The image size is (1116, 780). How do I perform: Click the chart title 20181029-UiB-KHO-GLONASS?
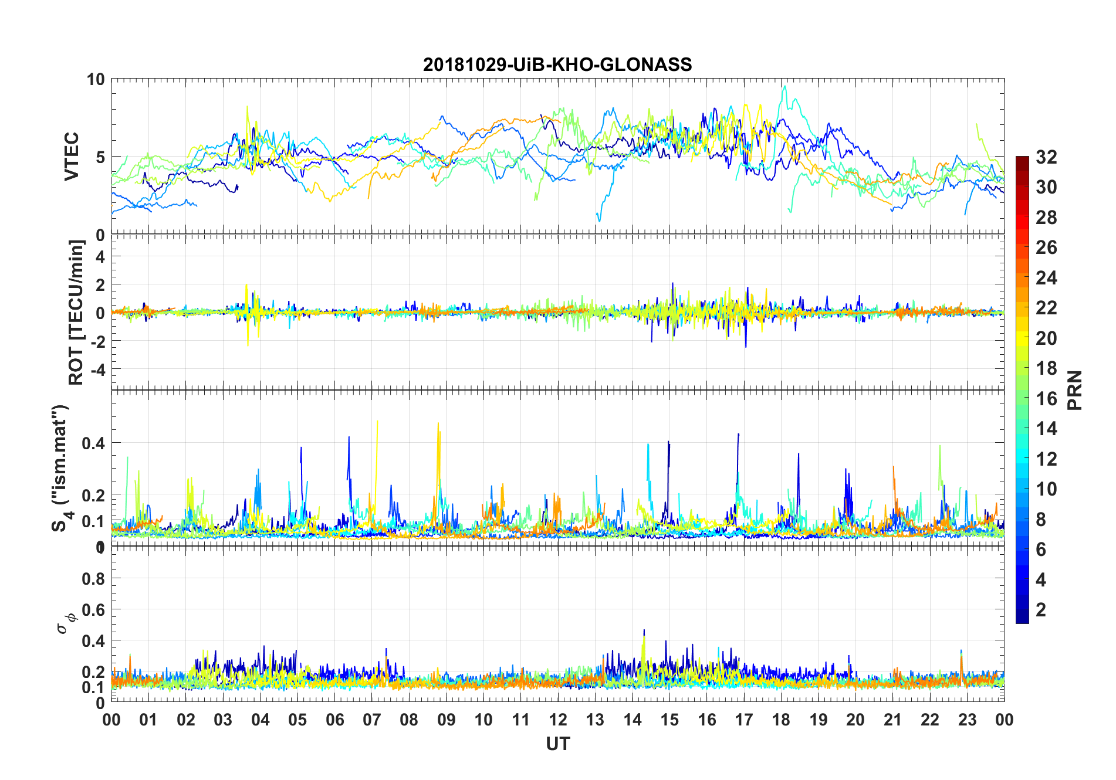pyautogui.click(x=557, y=64)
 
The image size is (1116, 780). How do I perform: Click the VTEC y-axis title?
pyautogui.click(x=72, y=157)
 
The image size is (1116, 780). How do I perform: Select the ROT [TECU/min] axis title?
pyautogui.click(x=76, y=312)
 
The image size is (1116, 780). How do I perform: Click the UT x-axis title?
pyautogui.click(x=557, y=744)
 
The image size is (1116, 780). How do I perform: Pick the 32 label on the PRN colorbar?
pyautogui.click(x=1046, y=157)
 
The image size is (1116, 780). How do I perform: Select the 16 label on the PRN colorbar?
pyautogui.click(x=1046, y=399)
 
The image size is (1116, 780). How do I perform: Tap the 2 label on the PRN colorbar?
pyautogui.click(x=1041, y=610)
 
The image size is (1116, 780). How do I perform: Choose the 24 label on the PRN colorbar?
pyautogui.click(x=1046, y=278)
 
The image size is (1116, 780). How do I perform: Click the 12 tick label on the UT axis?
pyautogui.click(x=558, y=720)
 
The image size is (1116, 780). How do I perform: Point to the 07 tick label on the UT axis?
pyautogui.click(x=372, y=720)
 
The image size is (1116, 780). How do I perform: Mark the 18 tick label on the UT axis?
pyautogui.click(x=781, y=720)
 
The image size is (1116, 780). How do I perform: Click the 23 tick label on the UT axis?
pyautogui.click(x=967, y=720)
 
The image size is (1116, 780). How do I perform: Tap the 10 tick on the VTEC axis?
pyautogui.click(x=96, y=79)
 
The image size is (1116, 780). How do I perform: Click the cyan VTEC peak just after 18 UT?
pyautogui.click(x=784, y=86)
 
